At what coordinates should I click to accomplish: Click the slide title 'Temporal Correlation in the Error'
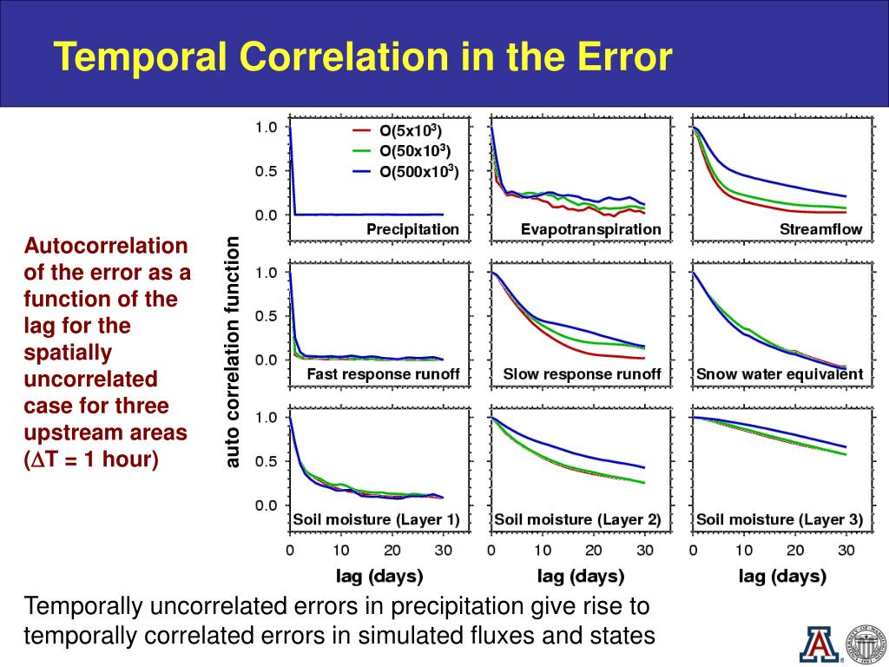[x=363, y=57]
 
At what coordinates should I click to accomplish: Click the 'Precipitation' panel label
[x=412, y=229]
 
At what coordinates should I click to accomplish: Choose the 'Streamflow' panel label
[x=821, y=229]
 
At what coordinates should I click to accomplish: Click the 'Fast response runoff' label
[x=383, y=374]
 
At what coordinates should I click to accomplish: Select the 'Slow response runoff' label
[x=582, y=374]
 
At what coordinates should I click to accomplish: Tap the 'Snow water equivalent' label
[x=780, y=374]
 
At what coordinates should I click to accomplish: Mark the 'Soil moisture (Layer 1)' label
[x=376, y=519]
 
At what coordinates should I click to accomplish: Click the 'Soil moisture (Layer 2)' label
[x=577, y=519]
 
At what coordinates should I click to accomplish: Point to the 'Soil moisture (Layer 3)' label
[x=780, y=519]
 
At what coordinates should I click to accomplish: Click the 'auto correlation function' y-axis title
[x=232, y=353]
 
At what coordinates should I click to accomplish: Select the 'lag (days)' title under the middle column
[x=581, y=575]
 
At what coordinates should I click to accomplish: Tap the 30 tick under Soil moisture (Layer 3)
[x=846, y=550]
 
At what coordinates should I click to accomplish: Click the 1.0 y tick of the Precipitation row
[x=266, y=128]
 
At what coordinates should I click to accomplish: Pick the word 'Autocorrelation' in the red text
[x=105, y=246]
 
